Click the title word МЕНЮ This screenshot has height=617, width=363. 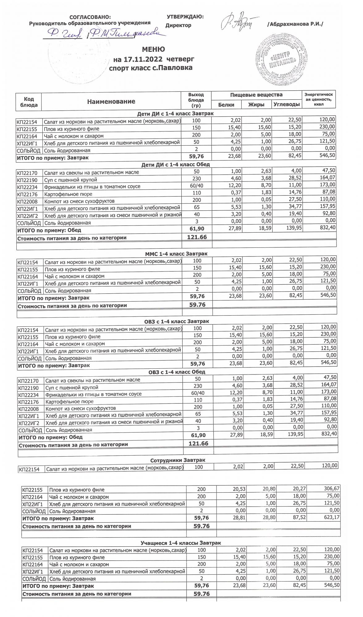pyautogui.click(x=153, y=49)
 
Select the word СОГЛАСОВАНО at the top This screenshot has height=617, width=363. pyautogui.click(x=90, y=17)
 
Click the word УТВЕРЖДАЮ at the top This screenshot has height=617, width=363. pyautogui.click(x=185, y=17)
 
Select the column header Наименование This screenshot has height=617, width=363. pyautogui.click(x=111, y=101)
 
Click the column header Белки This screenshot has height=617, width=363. pyautogui.click(x=226, y=105)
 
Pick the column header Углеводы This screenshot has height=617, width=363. pyautogui.click(x=287, y=105)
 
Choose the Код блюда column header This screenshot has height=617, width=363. pyautogui.click(x=29, y=102)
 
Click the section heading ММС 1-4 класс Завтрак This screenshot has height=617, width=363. pyautogui.click(x=176, y=254)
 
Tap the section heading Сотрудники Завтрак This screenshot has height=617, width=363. pyautogui.click(x=178, y=460)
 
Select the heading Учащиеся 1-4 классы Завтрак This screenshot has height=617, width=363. pyautogui.click(x=181, y=543)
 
